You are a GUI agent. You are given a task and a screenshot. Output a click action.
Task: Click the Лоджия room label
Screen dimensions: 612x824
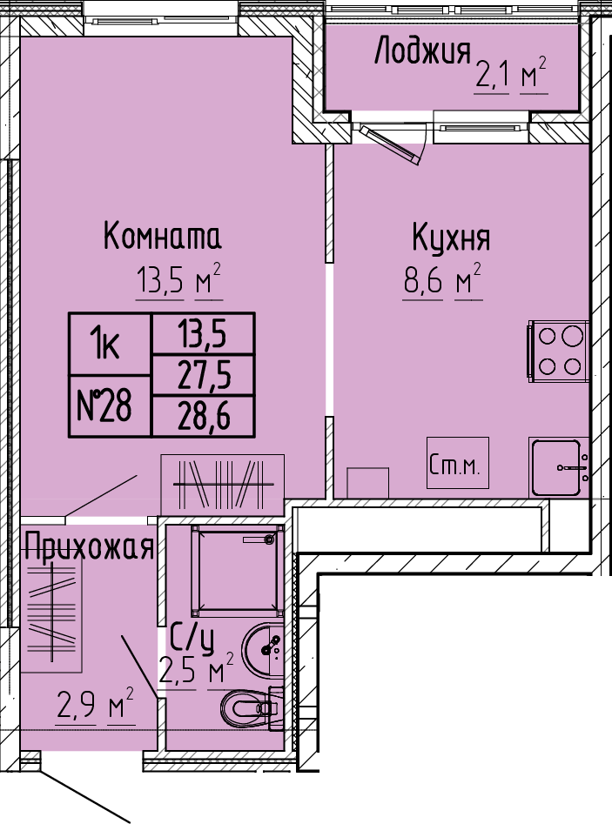(422, 51)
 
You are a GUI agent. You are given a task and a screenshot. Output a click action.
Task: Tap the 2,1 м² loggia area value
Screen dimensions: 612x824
(511, 76)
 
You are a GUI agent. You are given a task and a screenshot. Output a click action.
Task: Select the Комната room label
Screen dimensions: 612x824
(162, 236)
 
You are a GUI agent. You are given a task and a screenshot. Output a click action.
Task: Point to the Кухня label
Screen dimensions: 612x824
(451, 239)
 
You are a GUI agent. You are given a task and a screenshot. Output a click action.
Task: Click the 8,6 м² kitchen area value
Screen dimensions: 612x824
(442, 280)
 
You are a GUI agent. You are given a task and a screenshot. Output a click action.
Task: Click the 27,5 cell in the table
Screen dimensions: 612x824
(204, 375)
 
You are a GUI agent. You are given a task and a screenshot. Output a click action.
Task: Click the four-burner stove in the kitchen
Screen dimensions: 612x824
(558, 351)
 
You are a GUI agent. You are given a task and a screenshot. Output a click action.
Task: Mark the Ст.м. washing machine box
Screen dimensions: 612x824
(457, 463)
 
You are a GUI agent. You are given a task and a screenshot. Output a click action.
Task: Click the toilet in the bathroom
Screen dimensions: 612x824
(252, 708)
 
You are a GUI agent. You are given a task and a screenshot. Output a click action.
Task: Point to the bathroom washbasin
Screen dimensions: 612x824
(263, 650)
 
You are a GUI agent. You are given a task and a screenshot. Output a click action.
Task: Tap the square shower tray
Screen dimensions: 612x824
(238, 570)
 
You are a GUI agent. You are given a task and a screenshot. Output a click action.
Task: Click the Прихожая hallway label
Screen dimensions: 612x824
(89, 546)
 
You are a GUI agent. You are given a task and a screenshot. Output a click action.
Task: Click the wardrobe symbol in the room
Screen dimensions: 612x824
(222, 485)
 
